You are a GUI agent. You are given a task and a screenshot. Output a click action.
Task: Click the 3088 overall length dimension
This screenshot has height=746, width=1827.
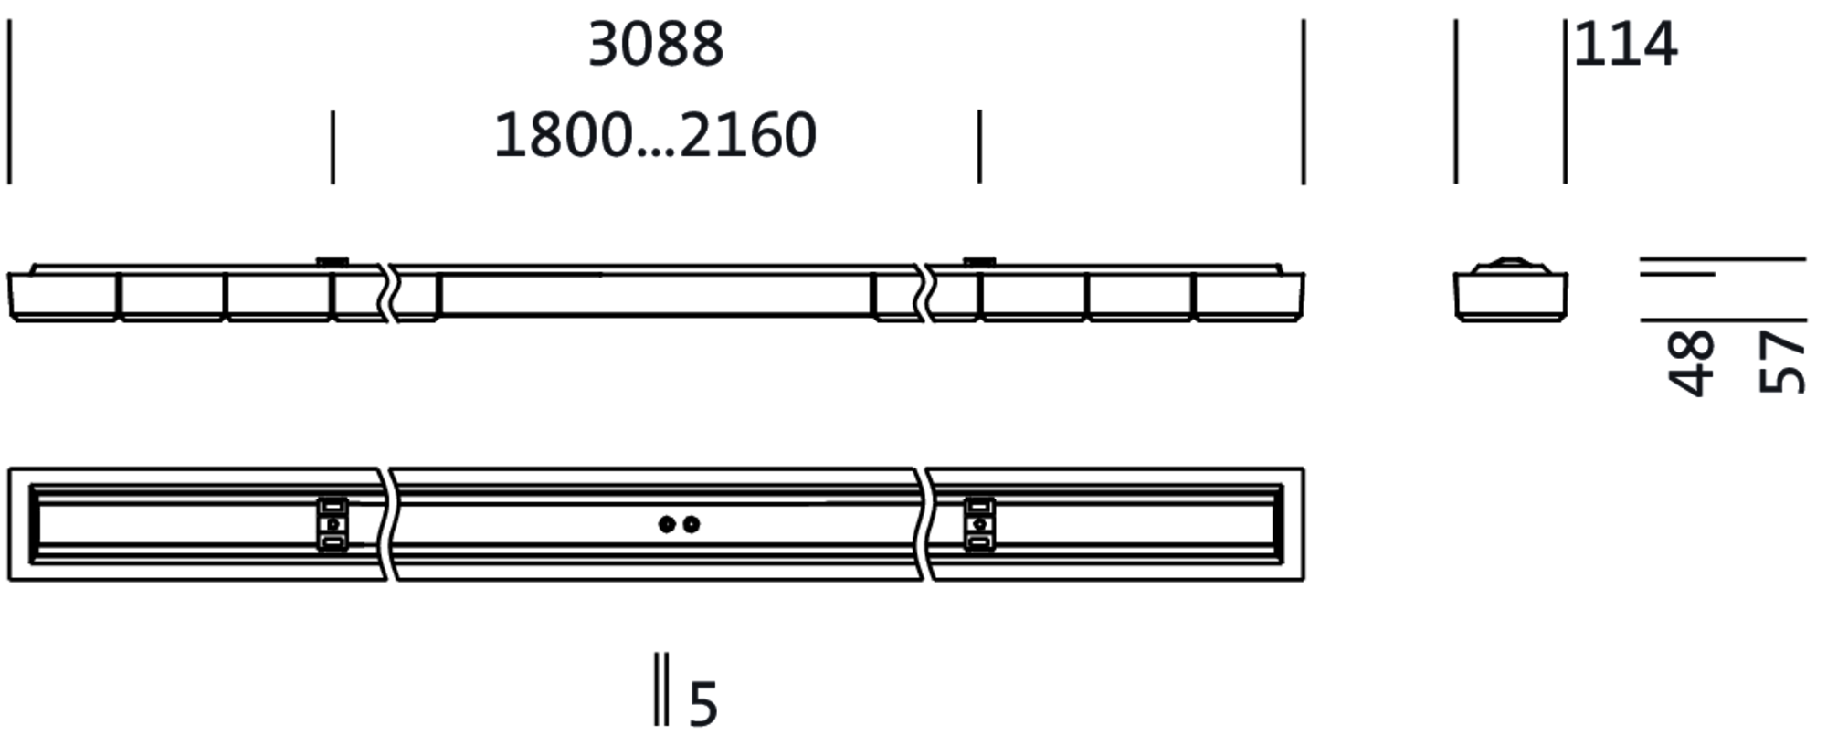tap(656, 44)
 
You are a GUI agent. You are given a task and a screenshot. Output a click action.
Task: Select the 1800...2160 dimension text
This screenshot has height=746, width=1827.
tap(655, 135)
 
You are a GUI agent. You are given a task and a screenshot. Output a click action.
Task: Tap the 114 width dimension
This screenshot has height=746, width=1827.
tap(1625, 44)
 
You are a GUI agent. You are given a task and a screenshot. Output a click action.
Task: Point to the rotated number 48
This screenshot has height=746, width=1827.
tap(1691, 362)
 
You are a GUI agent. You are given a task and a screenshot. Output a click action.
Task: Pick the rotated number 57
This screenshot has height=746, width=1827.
tap(1782, 362)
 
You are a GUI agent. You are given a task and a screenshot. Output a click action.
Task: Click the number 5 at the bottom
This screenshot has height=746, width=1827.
tap(702, 705)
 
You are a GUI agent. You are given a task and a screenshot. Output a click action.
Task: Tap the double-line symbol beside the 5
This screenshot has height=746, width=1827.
tap(661, 689)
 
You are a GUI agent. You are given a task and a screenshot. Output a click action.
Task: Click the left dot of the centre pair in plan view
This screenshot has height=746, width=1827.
tap(667, 524)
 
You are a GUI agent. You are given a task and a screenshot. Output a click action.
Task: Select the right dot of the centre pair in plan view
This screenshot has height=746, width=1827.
tap(692, 524)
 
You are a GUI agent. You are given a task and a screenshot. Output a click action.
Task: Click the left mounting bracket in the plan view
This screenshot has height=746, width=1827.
tap(333, 524)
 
